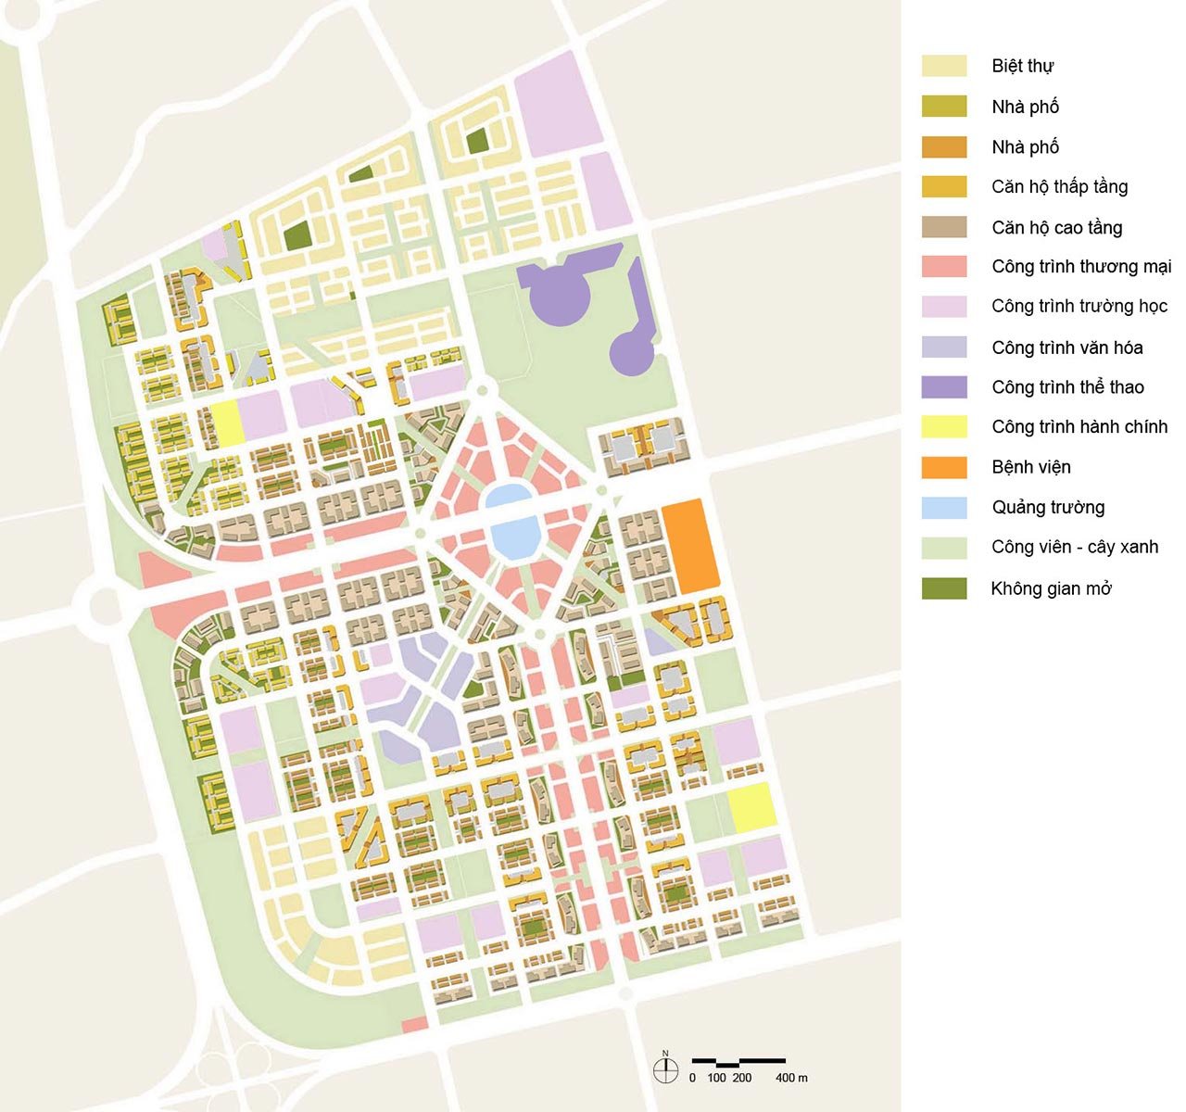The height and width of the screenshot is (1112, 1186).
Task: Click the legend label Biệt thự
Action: point(1022,66)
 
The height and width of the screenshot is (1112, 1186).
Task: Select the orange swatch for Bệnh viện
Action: point(944,467)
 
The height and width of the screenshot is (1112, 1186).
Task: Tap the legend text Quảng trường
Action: point(1048,507)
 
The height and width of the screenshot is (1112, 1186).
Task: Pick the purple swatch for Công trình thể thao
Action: point(944,387)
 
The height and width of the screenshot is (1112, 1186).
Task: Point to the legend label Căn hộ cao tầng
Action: point(1056,227)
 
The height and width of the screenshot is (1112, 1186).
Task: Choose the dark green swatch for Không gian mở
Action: point(944,588)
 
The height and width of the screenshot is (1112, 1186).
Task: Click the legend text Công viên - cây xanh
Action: point(1075,547)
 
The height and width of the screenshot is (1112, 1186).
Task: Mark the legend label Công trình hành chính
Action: point(1079,427)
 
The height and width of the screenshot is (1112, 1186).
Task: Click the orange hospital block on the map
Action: point(691,546)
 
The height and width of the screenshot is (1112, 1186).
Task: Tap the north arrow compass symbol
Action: point(665,1069)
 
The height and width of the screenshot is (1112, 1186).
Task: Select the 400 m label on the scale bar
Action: point(791,1078)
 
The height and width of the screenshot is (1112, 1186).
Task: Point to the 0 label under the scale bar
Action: point(692,1078)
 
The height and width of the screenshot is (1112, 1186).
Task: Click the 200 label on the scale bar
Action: point(741,1078)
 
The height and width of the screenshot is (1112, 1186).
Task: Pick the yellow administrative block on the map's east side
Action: point(751,807)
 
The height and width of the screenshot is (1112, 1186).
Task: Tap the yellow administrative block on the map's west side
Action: point(227,424)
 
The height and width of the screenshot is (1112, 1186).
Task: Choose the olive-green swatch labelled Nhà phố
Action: point(944,107)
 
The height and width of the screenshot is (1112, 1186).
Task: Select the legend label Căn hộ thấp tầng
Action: point(1059,187)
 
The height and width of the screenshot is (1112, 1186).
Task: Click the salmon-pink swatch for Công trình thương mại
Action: point(944,267)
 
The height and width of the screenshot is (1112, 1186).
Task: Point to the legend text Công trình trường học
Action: point(1079,307)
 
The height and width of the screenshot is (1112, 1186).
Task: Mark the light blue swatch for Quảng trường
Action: point(944,508)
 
